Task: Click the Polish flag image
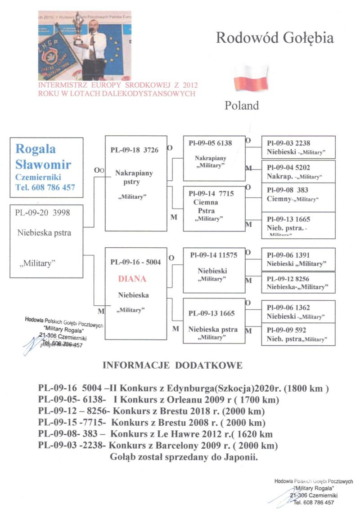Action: [x=250, y=78]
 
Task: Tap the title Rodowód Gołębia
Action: [x=275, y=38]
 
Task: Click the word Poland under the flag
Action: [x=242, y=106]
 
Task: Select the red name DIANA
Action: [x=132, y=279]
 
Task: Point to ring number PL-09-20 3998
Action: [x=43, y=213]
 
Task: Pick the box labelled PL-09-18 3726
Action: [x=135, y=150]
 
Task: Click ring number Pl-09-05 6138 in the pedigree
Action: [x=211, y=143]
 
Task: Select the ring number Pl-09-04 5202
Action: [x=288, y=167]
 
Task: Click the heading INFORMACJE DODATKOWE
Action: [x=173, y=366]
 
